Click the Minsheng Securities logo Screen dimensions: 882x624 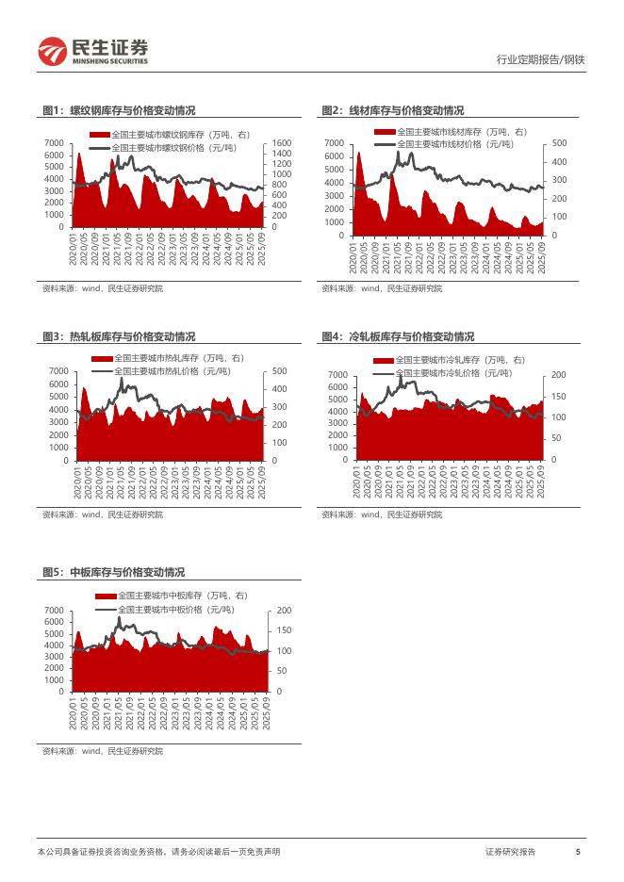tap(93, 51)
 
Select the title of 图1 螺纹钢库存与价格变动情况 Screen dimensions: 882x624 tap(119, 110)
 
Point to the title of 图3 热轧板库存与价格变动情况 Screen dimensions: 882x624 tap(119, 336)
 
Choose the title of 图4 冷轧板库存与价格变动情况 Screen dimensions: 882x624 tap(397, 336)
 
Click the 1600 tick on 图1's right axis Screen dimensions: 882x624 tap(281, 143)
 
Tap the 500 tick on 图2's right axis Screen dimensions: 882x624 tap(559, 143)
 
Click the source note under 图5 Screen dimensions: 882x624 tap(103, 751)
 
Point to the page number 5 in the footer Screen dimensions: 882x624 tap(577, 852)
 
